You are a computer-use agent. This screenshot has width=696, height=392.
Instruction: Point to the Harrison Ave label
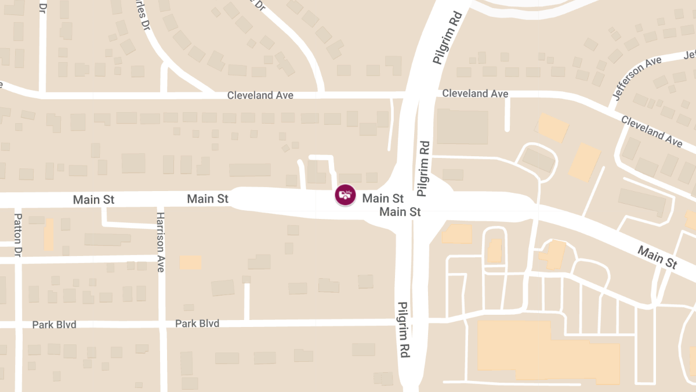pyautogui.click(x=161, y=242)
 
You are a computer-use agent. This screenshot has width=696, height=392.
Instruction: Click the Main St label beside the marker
pyautogui.click(x=383, y=199)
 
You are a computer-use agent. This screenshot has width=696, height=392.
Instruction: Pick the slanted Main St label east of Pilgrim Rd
pyautogui.click(x=657, y=257)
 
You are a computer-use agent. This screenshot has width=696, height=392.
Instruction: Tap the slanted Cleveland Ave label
pyautogui.click(x=651, y=131)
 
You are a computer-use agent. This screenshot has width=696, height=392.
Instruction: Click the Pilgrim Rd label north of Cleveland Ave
pyautogui.click(x=445, y=37)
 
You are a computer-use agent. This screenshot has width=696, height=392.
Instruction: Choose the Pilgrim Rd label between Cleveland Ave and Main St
pyautogui.click(x=423, y=167)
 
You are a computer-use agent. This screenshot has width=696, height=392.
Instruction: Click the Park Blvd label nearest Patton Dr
pyautogui.click(x=54, y=325)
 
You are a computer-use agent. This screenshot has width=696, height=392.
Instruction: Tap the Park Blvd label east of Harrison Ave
pyautogui.click(x=197, y=323)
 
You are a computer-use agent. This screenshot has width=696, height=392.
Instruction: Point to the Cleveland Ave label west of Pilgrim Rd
pyautogui.click(x=260, y=95)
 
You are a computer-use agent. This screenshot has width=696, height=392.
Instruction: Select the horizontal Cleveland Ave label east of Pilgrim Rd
pyautogui.click(x=475, y=93)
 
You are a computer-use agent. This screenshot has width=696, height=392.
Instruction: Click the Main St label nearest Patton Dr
pyautogui.click(x=93, y=200)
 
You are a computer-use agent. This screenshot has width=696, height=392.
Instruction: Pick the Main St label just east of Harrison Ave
pyautogui.click(x=208, y=199)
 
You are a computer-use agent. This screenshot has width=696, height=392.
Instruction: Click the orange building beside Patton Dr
pyautogui.click(x=49, y=234)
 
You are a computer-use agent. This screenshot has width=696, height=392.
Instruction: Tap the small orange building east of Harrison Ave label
pyautogui.click(x=190, y=262)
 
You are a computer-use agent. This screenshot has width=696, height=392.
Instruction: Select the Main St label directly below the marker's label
pyautogui.click(x=400, y=212)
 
